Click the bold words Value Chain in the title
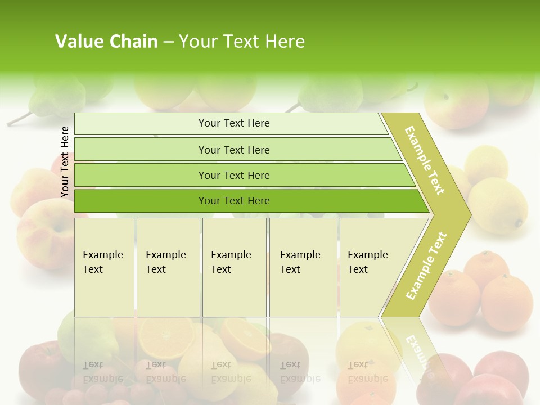pos(106,42)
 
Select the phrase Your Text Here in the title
pos(242,42)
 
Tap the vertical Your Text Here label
pos(65,161)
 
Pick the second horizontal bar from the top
pos(233,150)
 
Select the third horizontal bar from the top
pos(233,175)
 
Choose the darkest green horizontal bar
pos(233,201)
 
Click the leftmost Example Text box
pos(104,267)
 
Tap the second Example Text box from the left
pos(168,267)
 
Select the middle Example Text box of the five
pos(234,267)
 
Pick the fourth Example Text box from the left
pos(303,267)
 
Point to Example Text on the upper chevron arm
pos(425,160)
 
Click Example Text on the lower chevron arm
pos(426,265)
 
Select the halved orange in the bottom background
pos(166,337)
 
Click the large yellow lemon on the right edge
pos(498,206)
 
